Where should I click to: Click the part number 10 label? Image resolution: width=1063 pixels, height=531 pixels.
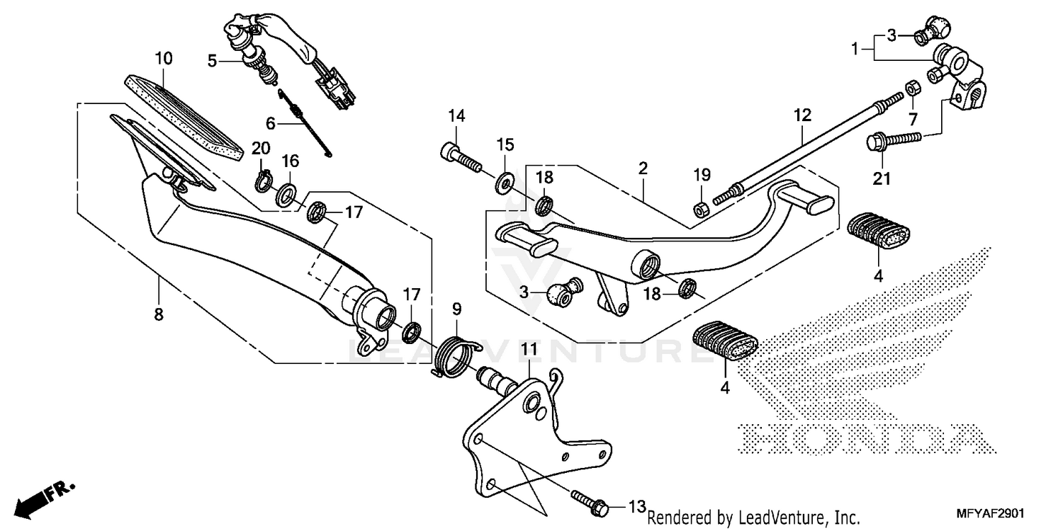164,58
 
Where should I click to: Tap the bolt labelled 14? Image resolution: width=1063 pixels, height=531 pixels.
460,156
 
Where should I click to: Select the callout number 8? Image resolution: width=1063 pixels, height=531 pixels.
158,314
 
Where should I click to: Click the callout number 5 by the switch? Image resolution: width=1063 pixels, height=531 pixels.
212,61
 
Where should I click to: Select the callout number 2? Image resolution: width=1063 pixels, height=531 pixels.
643,169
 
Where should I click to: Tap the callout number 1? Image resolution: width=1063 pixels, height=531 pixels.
855,49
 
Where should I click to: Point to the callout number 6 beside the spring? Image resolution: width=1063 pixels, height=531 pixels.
270,122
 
